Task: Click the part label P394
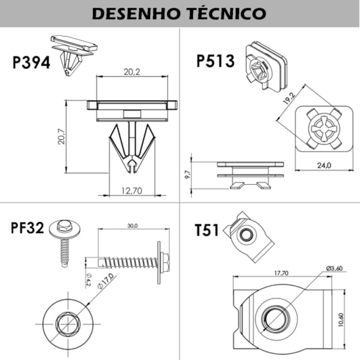(x=31, y=62)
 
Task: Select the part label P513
(x=215, y=60)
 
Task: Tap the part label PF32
(x=27, y=228)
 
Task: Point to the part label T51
(x=206, y=230)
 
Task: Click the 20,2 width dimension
(x=132, y=72)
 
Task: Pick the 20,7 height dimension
(x=61, y=136)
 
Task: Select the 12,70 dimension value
(x=132, y=191)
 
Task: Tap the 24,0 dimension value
(x=324, y=165)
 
